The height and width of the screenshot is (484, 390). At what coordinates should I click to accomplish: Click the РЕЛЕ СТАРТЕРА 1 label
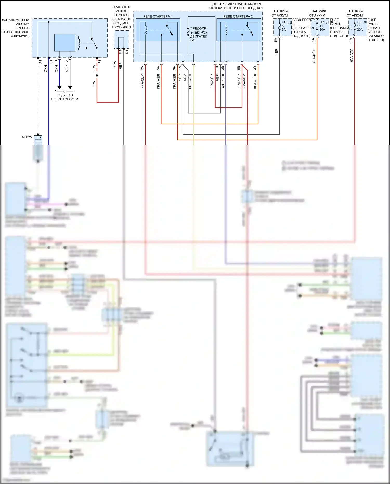coord(158,16)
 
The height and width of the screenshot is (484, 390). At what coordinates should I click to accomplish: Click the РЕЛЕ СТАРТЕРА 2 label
coord(238,16)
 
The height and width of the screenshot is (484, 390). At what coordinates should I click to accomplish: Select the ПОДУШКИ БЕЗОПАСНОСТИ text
coord(64,97)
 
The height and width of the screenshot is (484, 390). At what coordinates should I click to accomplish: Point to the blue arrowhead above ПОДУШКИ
coord(59,88)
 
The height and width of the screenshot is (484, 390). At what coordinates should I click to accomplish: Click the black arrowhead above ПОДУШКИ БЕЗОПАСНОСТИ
coord(70,88)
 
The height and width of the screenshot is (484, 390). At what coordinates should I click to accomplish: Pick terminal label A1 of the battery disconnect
coord(40,62)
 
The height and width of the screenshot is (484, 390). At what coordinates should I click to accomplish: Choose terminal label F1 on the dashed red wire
coord(99,62)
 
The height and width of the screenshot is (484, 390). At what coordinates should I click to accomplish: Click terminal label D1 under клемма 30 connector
coord(127,52)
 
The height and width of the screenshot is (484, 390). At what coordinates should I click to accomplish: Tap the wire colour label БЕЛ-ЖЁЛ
coord(190,81)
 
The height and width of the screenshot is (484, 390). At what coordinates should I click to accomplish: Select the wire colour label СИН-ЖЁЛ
coord(223,82)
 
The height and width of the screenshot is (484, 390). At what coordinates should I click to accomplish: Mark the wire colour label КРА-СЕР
coord(142,81)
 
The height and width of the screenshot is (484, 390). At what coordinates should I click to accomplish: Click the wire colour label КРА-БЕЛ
coord(352,56)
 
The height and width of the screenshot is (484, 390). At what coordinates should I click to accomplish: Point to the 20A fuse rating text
coord(360,30)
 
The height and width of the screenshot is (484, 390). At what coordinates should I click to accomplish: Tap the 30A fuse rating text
coord(322,30)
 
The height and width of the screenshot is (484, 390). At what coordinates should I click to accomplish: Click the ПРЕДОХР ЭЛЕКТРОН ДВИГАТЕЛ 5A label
coord(199,34)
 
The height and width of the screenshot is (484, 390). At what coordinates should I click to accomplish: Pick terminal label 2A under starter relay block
coord(142,68)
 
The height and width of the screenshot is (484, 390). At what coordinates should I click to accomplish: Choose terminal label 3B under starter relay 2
coord(255,68)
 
